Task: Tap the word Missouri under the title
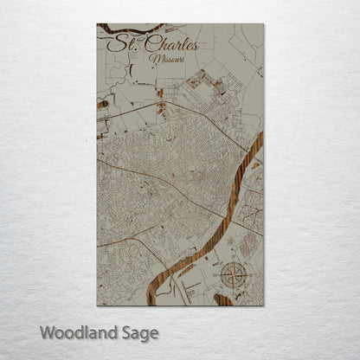[x=166, y=59]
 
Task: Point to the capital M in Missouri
[x=153, y=59]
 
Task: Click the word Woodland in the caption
[x=79, y=332]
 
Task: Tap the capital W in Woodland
[x=48, y=331]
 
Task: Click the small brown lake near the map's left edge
[x=102, y=104]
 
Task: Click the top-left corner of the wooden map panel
[x=97, y=24]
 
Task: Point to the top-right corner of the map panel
[x=263, y=24]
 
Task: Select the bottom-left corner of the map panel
[x=97, y=305]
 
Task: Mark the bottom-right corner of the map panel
[x=263, y=305]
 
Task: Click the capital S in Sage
[x=125, y=331]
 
